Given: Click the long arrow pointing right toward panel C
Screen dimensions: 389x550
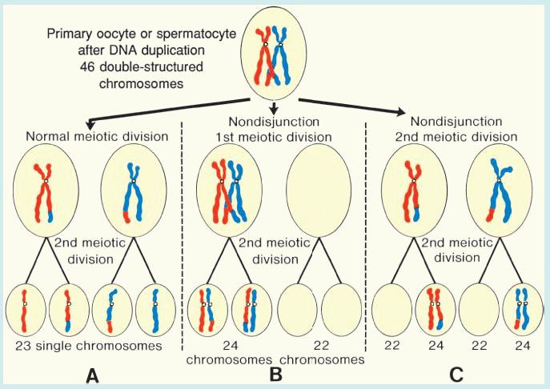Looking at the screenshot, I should tap(352, 108).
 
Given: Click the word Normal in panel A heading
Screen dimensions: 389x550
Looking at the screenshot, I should tap(47, 136).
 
